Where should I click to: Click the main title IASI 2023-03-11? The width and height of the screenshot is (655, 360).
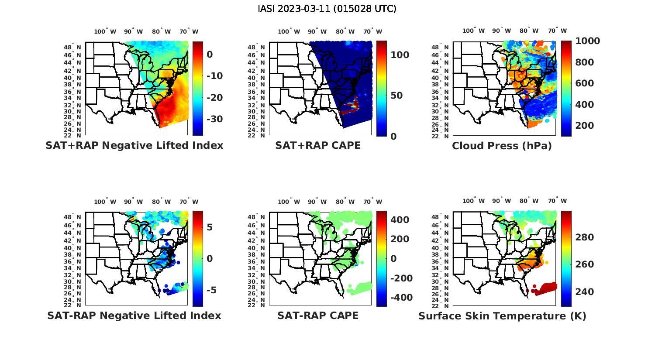pos(327,9)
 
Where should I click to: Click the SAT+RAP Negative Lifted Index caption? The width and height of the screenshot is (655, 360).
pos(134,145)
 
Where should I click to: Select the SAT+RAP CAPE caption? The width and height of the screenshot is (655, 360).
pos(318,145)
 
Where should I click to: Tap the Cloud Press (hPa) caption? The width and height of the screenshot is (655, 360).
pos(502,146)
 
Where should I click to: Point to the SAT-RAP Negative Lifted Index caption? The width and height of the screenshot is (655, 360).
pos(134,315)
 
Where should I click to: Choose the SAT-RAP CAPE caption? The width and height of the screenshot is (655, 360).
pos(318,315)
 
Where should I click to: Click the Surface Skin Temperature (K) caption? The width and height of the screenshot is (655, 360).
pos(502,316)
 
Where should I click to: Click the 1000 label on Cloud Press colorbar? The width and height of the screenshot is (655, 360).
pos(587,41)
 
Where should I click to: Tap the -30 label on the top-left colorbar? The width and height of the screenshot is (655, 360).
pos(214,119)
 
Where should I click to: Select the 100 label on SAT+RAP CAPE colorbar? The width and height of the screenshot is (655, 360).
pos(400,55)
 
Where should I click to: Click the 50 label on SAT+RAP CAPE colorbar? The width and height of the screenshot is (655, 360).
pos(396,96)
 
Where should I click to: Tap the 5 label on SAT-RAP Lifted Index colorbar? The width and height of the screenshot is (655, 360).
pos(210,227)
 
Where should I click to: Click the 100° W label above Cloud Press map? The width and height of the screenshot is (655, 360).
pos(473,31)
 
